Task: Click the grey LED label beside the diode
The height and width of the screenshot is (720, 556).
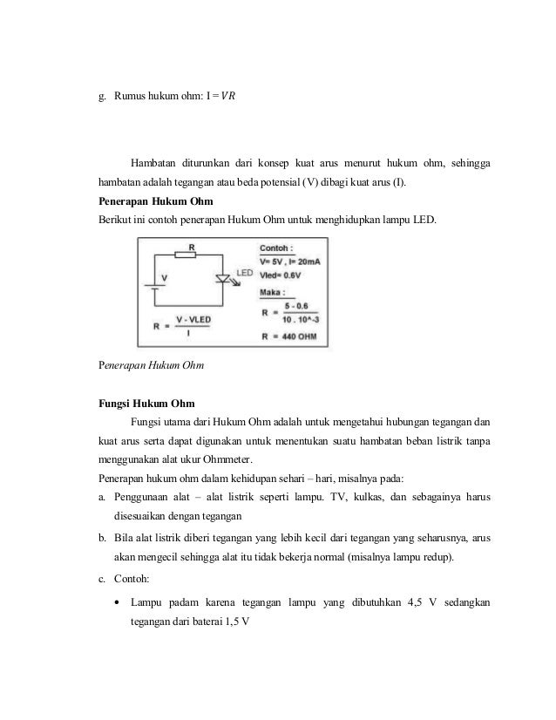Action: tap(243, 273)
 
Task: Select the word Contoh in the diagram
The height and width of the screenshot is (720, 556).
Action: tap(277, 248)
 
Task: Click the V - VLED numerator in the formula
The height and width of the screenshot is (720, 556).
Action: tap(193, 320)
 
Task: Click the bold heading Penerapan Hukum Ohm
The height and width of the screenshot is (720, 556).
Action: tap(148, 200)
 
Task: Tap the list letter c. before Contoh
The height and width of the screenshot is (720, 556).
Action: tap(101, 578)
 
